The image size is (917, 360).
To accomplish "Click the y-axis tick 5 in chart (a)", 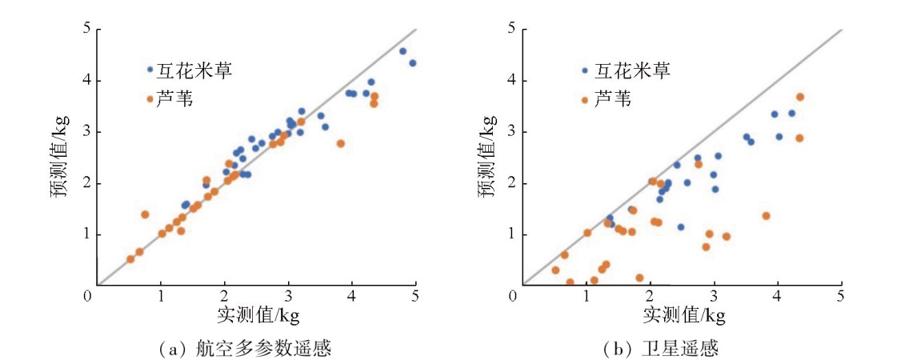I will [84, 30].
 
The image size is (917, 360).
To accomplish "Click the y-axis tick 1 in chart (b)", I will [511, 234].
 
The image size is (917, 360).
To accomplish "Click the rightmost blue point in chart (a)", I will [412, 62].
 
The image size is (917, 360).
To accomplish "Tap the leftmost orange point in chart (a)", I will [130, 259].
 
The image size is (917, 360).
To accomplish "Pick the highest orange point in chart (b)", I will [799, 97].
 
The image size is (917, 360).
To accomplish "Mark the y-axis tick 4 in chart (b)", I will [511, 81].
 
